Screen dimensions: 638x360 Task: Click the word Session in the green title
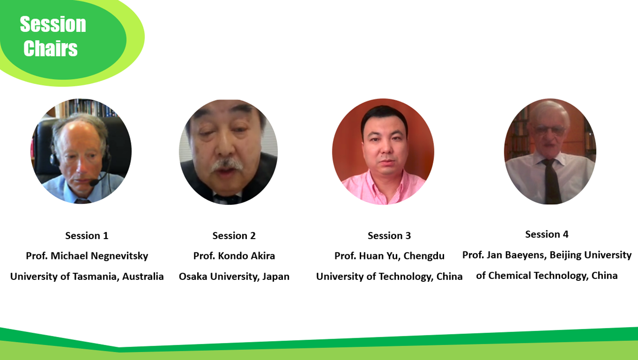click(x=53, y=24)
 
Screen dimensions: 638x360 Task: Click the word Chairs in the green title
click(x=50, y=48)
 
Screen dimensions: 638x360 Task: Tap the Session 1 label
click(x=87, y=236)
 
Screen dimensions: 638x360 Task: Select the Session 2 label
click(x=234, y=236)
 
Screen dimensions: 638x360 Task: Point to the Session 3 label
click(x=389, y=236)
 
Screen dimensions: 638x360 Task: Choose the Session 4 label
click(x=547, y=234)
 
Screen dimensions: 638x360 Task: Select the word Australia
click(x=143, y=277)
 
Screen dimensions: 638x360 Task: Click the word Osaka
click(x=193, y=277)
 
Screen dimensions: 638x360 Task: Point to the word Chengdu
click(x=424, y=256)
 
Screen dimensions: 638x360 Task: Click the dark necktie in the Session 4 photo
click(x=551, y=181)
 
